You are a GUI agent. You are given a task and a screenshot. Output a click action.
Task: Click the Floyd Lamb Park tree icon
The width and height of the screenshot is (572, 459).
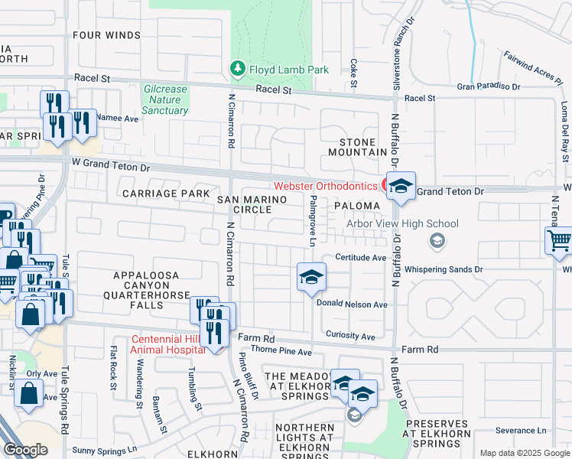(238, 70)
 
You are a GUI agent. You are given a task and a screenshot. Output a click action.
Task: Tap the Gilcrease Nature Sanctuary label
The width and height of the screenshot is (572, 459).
(165, 100)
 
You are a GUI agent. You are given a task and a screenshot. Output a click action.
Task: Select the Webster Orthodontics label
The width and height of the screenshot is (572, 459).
(326, 186)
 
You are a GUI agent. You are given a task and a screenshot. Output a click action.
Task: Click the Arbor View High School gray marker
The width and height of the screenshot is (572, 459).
(437, 242)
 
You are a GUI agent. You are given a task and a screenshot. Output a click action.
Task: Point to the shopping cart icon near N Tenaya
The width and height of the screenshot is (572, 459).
(559, 240)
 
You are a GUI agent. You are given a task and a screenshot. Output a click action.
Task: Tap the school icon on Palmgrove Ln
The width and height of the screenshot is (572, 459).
(311, 278)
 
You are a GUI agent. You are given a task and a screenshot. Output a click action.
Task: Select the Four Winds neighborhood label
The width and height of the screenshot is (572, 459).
(106, 35)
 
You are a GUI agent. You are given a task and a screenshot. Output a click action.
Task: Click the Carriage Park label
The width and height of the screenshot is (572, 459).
(167, 194)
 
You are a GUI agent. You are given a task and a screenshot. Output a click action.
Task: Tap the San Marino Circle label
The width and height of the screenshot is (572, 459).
(252, 204)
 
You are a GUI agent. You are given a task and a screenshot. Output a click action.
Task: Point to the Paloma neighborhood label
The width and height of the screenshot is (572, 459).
(356, 206)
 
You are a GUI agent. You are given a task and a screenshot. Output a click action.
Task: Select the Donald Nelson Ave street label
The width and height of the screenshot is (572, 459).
(352, 304)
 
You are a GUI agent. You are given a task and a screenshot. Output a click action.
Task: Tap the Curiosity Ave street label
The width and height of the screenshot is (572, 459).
(350, 336)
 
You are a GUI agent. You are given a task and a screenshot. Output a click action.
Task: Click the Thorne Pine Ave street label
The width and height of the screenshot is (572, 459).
(281, 352)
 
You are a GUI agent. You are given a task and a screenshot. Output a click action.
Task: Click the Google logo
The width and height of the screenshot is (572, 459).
(25, 450)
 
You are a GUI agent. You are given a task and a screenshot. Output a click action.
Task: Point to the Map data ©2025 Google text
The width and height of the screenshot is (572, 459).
(524, 453)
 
